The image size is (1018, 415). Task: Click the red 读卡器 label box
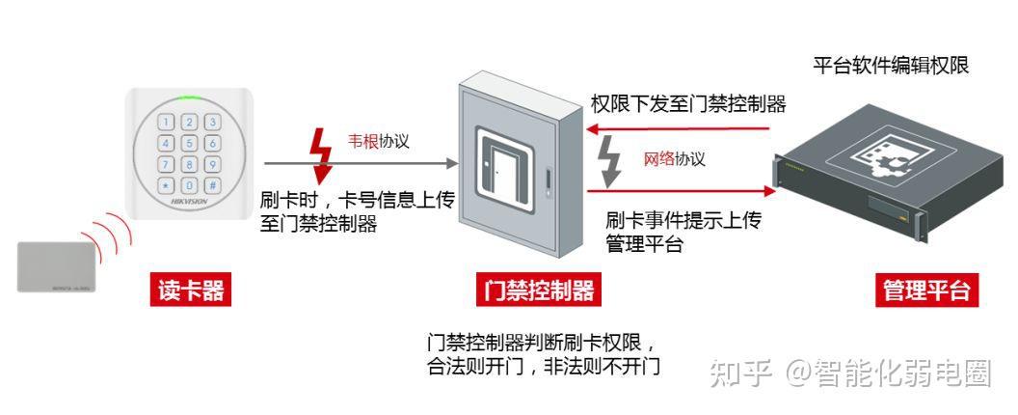coord(191,290)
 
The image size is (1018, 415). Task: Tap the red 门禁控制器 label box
coord(539,290)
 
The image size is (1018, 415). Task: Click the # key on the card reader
coord(212,186)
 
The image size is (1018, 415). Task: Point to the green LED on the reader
coord(190,98)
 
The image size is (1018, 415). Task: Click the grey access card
coord(57,266)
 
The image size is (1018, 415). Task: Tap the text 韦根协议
coord(379,141)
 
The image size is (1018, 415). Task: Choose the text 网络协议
coord(674,158)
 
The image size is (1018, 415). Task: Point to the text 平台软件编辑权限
coord(891,66)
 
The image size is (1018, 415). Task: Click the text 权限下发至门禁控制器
coord(688,103)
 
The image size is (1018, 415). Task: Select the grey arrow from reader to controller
coord(361,164)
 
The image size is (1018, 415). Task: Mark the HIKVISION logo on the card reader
coord(190,203)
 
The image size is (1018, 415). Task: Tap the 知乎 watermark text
coord(740,373)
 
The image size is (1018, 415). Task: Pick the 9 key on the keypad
coord(212,165)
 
